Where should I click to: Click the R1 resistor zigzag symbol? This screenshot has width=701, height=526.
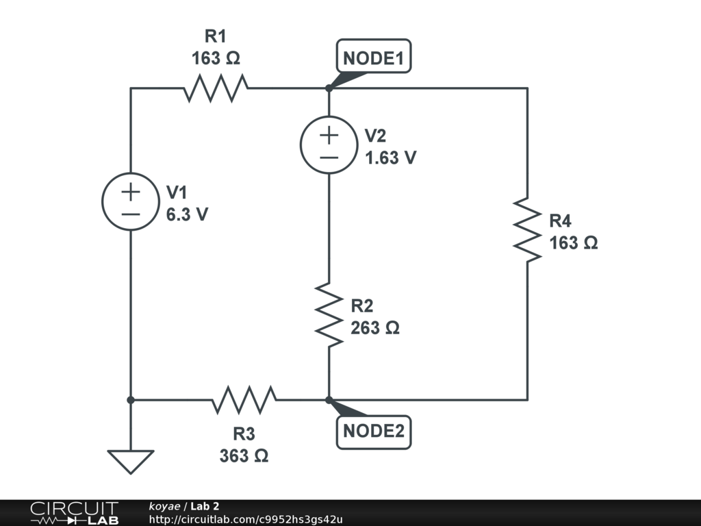[216, 88]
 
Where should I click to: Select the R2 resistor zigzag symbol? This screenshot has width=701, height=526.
[329, 314]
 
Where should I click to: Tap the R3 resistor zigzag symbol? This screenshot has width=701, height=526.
[244, 399]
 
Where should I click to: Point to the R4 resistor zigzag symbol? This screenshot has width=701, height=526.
[528, 230]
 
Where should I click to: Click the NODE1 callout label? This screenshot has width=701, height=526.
[374, 56]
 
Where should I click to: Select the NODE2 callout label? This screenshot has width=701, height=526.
[374, 432]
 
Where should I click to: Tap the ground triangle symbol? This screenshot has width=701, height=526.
[131, 462]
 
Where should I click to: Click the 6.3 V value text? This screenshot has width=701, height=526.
[187, 214]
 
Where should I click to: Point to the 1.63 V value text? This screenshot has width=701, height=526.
[391, 158]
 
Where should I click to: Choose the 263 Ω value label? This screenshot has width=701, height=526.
[374, 328]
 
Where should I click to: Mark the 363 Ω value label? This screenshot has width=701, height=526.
[244, 455]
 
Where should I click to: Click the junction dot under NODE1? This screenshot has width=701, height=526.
[329, 88]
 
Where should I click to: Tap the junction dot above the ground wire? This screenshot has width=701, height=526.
[131, 400]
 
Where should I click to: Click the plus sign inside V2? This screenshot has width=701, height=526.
[329, 135]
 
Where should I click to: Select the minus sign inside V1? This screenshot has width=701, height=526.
[131, 214]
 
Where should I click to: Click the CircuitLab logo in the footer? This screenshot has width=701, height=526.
[75, 513]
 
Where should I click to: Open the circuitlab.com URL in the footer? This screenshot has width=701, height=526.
[246, 519]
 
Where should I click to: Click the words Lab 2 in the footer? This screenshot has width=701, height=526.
[205, 506]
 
